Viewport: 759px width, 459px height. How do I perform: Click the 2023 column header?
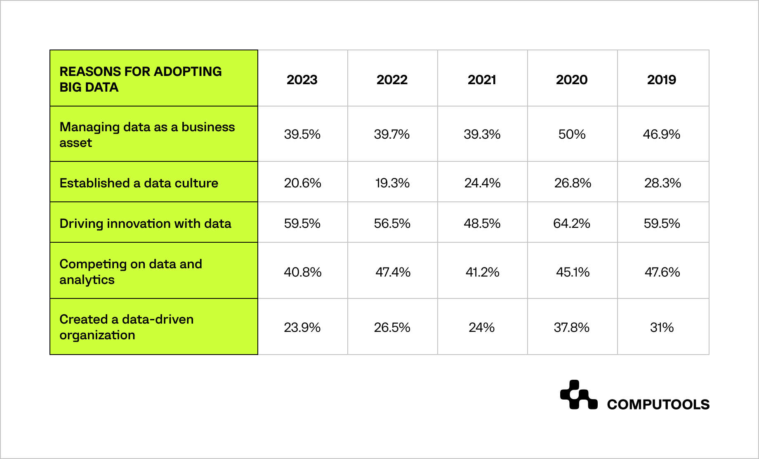(302, 79)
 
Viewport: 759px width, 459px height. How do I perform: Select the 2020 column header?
(572, 79)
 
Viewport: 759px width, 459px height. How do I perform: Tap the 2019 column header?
(662, 79)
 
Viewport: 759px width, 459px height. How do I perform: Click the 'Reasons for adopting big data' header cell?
(141, 79)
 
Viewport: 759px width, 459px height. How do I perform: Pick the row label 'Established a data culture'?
(139, 183)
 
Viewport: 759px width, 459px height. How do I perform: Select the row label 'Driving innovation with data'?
(145, 223)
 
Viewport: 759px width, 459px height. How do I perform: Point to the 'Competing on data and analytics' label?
(131, 272)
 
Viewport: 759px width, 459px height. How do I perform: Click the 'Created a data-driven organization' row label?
(126, 327)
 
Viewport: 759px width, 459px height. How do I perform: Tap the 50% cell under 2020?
(572, 134)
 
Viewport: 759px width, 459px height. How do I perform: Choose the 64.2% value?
(572, 223)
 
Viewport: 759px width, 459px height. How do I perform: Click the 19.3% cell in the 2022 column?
(392, 183)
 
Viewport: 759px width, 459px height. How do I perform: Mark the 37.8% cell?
(572, 327)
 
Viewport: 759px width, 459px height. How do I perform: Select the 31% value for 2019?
(662, 327)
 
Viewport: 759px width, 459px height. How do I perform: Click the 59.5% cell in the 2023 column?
(302, 223)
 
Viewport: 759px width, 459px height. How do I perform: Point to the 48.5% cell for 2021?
(482, 223)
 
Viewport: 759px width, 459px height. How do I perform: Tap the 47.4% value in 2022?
(393, 272)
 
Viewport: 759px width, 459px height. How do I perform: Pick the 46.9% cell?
(662, 134)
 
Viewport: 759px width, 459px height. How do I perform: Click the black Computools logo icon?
(578, 395)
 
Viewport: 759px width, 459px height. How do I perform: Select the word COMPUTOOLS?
(658, 405)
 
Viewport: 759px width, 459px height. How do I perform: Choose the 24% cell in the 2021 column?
(482, 327)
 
